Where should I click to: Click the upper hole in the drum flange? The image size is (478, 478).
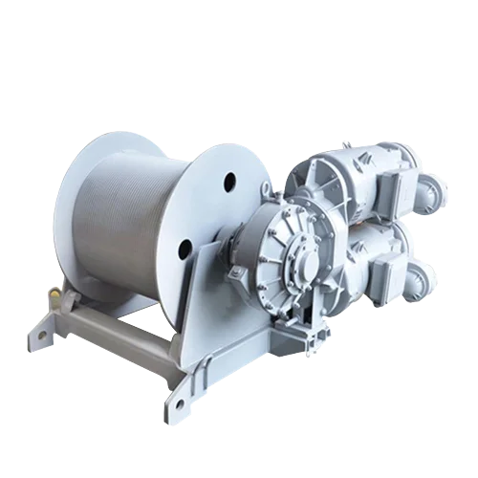[230, 179]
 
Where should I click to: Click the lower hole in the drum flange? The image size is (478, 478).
[185, 250]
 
